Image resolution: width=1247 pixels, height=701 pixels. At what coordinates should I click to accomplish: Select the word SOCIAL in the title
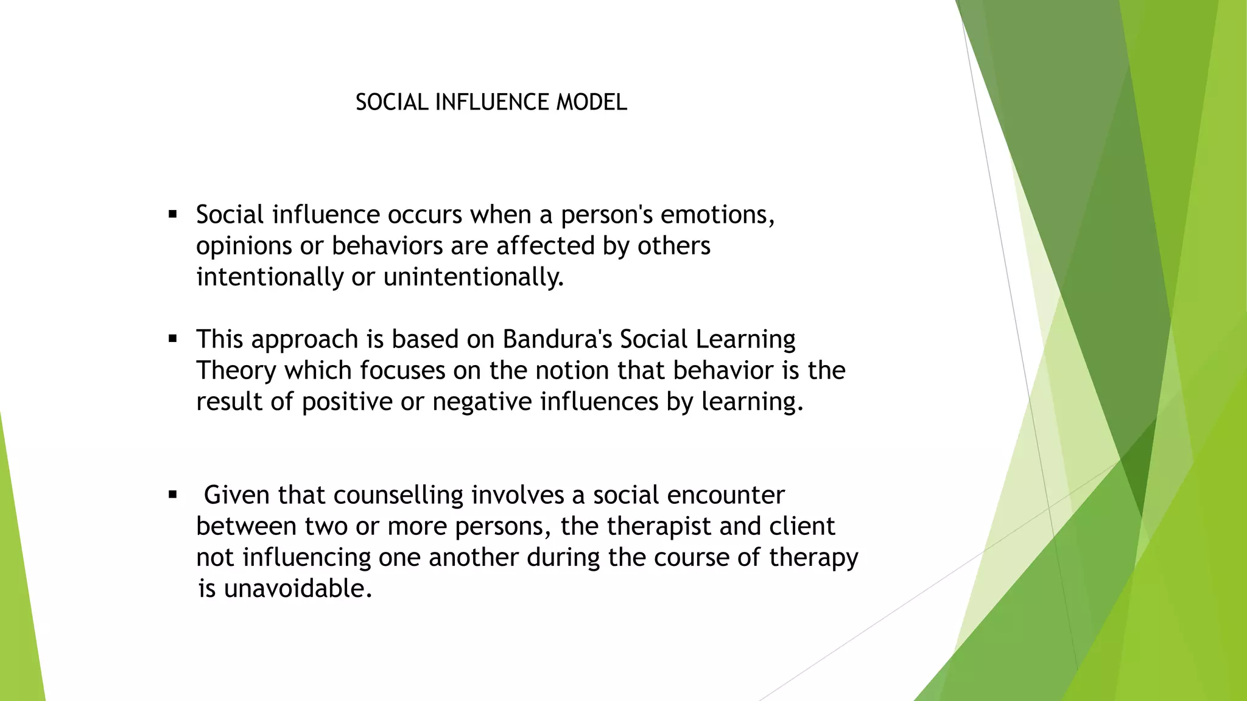tap(392, 102)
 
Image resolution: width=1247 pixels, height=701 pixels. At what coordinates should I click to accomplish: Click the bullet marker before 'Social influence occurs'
tap(173, 214)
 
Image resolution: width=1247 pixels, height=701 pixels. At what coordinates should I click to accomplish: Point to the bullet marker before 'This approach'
tap(173, 339)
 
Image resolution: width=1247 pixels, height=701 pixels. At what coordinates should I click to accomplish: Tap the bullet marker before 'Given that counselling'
tap(173, 495)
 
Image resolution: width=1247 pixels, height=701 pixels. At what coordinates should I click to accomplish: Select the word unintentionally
tap(473, 277)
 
